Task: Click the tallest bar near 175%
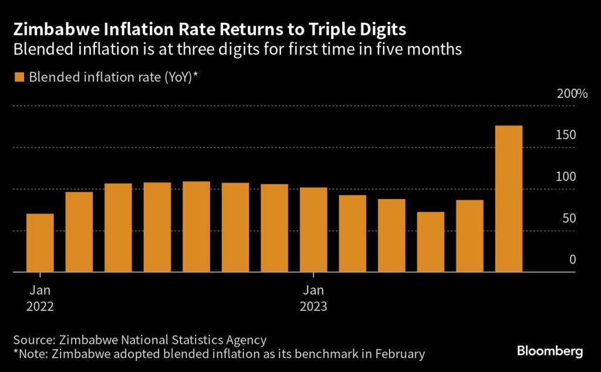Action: click(509, 199)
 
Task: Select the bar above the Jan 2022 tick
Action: click(40, 243)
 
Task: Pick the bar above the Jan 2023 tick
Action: click(313, 230)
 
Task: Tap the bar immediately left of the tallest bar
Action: click(470, 236)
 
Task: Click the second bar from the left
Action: click(79, 232)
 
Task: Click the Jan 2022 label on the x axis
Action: click(40, 298)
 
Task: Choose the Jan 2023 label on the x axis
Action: click(313, 298)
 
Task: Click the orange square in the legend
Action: click(19, 77)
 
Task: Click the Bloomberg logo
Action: click(549, 351)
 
